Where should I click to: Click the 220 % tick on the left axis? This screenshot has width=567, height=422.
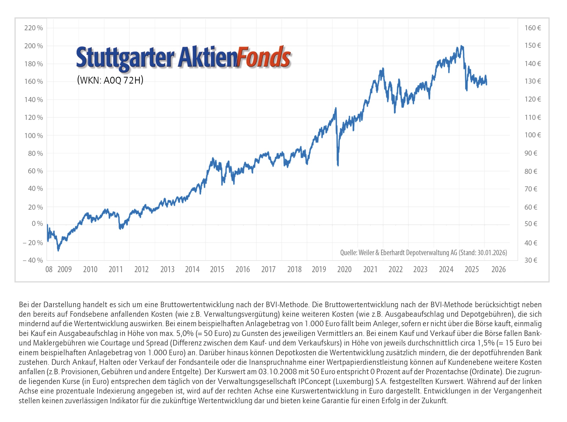pyautogui.click(x=33, y=28)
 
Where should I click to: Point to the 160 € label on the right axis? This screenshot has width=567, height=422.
pyautogui.click(x=533, y=28)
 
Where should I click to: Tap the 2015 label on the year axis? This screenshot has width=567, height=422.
pyautogui.click(x=217, y=269)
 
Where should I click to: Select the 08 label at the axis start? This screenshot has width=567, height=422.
pyautogui.click(x=49, y=269)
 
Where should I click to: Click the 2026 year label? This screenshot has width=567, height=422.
pyautogui.click(x=498, y=269)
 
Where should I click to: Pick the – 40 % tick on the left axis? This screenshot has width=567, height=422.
pyautogui.click(x=33, y=260)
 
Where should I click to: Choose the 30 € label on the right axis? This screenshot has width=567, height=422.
pyautogui.click(x=531, y=260)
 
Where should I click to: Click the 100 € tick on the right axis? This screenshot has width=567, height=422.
pyautogui.click(x=533, y=135)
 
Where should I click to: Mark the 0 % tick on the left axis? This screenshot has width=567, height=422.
pyautogui.click(x=37, y=224)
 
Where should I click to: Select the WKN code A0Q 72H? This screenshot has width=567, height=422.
pyautogui.click(x=123, y=81)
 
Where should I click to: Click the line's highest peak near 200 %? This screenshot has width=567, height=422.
pyautogui.click(x=461, y=46)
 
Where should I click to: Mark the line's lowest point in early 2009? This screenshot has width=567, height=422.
pyautogui.click(x=58, y=251)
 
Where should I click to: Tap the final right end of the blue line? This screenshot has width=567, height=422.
pyautogui.click(x=487, y=84)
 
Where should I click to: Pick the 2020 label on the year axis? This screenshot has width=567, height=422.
pyautogui.click(x=344, y=269)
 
